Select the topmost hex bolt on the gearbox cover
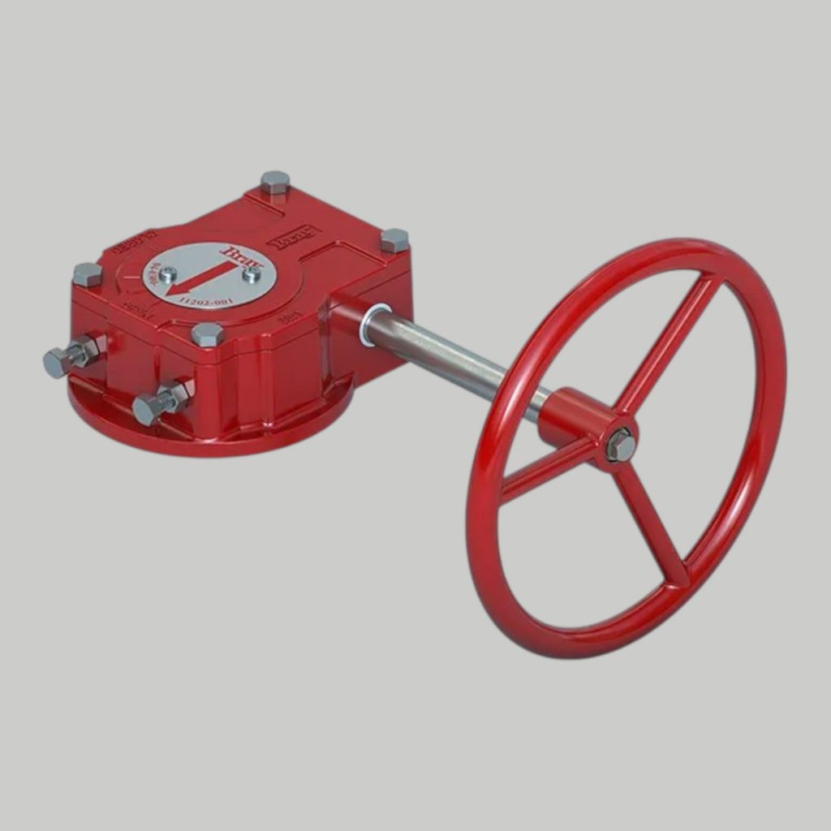click(275, 183)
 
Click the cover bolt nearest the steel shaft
click(394, 240)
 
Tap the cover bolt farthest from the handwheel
click(87, 275)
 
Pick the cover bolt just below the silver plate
click(206, 334)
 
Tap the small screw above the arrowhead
click(168, 273)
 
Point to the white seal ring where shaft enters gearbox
click(373, 325)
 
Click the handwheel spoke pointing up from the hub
click(670, 341)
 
